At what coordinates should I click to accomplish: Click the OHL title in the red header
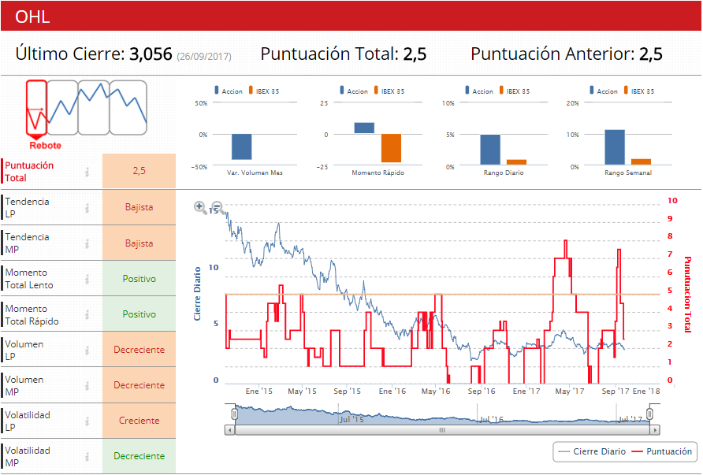[x=33, y=17]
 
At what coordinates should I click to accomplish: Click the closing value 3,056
[x=151, y=54]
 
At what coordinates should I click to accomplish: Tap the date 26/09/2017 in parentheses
[x=203, y=57]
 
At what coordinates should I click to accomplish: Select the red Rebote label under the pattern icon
[x=45, y=146]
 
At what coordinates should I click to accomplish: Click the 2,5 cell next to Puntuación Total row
[x=139, y=171]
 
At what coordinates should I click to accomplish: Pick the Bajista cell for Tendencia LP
[x=139, y=208]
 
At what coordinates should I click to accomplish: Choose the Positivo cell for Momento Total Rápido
[x=139, y=314]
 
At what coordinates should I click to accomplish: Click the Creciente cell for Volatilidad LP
[x=139, y=421]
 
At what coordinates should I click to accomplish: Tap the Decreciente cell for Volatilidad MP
[x=139, y=456]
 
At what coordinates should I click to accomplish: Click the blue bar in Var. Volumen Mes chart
[x=241, y=147]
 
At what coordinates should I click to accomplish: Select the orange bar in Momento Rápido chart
[x=391, y=147]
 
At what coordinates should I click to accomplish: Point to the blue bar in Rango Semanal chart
[x=614, y=147]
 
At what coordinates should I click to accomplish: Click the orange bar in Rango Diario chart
[x=516, y=162]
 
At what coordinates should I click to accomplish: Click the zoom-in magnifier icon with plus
[x=200, y=208]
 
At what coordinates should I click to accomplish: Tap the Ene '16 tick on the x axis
[x=392, y=391]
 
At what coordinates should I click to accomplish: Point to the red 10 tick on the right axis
[x=670, y=200]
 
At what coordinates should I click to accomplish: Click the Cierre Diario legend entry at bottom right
[x=592, y=451]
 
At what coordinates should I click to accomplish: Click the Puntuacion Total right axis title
[x=687, y=293]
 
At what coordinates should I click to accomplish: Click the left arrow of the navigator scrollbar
[x=230, y=430]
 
